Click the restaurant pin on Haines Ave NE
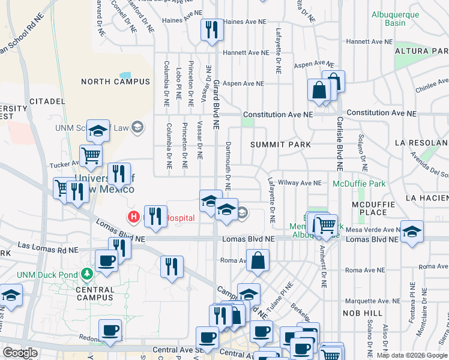(x=211, y=30)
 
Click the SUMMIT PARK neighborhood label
(x=280, y=145)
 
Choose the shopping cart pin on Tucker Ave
(x=91, y=155)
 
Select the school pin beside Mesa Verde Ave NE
(x=411, y=231)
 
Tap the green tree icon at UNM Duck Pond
(x=86, y=274)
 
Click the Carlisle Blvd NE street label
(x=339, y=144)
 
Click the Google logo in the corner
(x=20, y=353)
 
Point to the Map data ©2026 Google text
(x=411, y=355)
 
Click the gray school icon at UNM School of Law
(x=137, y=127)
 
